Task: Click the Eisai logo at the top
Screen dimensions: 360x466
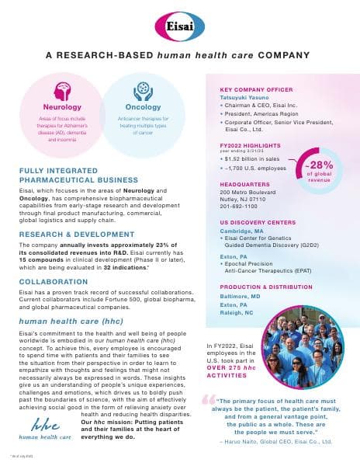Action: (179, 28)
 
